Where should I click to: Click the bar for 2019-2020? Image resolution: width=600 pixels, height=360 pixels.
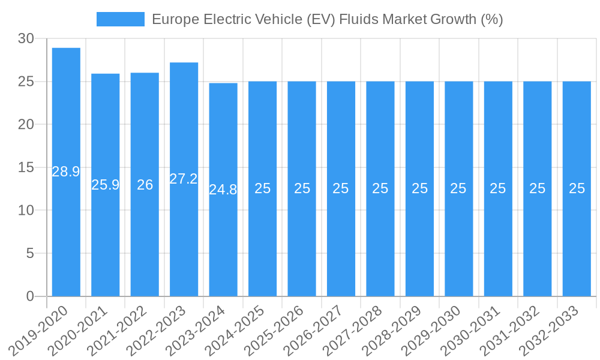pyautogui.click(x=66, y=228)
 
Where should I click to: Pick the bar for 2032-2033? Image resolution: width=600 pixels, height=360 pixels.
pyautogui.click(x=577, y=240)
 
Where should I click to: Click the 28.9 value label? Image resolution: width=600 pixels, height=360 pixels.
pyautogui.click(x=66, y=172)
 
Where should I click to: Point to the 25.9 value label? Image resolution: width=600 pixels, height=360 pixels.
pyautogui.click(x=106, y=185)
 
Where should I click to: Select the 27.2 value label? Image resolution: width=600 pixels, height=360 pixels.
pyautogui.click(x=184, y=178)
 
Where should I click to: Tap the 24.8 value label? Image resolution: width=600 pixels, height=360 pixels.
pyautogui.click(x=223, y=190)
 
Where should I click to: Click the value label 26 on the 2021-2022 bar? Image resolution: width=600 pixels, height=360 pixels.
pyautogui.click(x=145, y=185)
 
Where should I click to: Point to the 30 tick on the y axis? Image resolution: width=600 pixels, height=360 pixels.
pyautogui.click(x=26, y=39)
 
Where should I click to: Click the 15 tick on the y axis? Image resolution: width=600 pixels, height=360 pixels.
pyautogui.click(x=26, y=167)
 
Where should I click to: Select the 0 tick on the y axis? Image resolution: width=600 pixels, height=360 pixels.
pyautogui.click(x=31, y=296)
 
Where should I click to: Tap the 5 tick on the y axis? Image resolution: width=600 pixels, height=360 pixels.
pyautogui.click(x=31, y=253)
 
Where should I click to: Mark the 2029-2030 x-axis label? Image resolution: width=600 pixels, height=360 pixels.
pyautogui.click(x=433, y=331)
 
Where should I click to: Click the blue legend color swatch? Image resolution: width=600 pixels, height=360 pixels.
pyautogui.click(x=121, y=19)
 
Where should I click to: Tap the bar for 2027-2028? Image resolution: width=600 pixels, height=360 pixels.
pyautogui.click(x=380, y=240)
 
